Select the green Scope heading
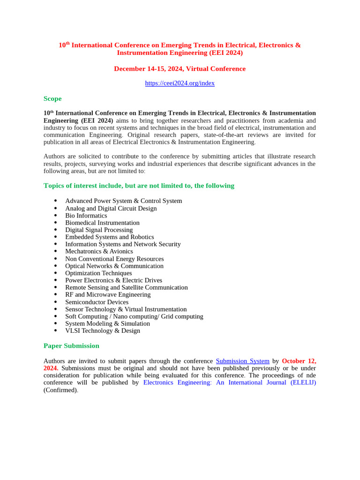pos(52,99)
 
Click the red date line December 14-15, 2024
pos(180,69)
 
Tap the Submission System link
pos(242,361)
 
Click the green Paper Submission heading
pos(71,346)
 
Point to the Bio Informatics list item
pos(86,216)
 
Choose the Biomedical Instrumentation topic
pos(102,223)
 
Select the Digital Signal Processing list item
pos(99,230)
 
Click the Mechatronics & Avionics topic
pos(99,252)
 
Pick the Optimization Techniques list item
pos(98,273)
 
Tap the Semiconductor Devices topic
pos(97,302)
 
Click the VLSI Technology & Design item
pos(102,331)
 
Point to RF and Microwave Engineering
pos(108,295)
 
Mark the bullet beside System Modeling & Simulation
pos(56,324)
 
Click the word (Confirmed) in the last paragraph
pos(60,390)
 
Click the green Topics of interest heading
pos(139,186)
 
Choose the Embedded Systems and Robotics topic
pos(109,237)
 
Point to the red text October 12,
pos(299,361)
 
